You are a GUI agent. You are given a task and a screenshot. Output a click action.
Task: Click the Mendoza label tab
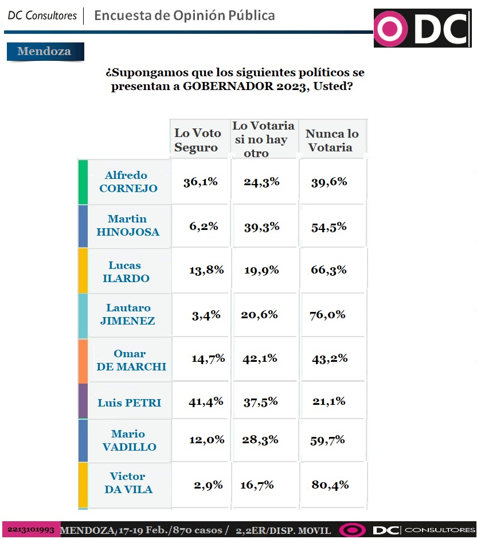point(45,52)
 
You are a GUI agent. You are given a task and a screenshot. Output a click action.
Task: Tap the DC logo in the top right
point(422,28)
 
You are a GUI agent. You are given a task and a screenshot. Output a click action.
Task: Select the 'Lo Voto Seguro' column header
point(197,140)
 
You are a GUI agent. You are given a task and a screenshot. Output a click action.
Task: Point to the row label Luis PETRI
point(129,403)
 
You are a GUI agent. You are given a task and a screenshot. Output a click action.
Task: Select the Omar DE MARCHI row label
point(131,360)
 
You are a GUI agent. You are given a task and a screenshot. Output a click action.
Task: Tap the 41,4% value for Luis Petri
point(206,401)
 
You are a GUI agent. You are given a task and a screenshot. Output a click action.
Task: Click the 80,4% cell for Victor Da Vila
point(331,485)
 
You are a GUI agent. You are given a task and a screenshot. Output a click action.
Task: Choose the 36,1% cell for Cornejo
point(201,182)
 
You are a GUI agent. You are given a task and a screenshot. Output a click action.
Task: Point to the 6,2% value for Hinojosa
point(203,226)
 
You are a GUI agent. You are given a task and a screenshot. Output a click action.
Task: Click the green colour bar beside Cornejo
point(83,182)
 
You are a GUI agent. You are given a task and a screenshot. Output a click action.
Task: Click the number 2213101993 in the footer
point(31,529)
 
